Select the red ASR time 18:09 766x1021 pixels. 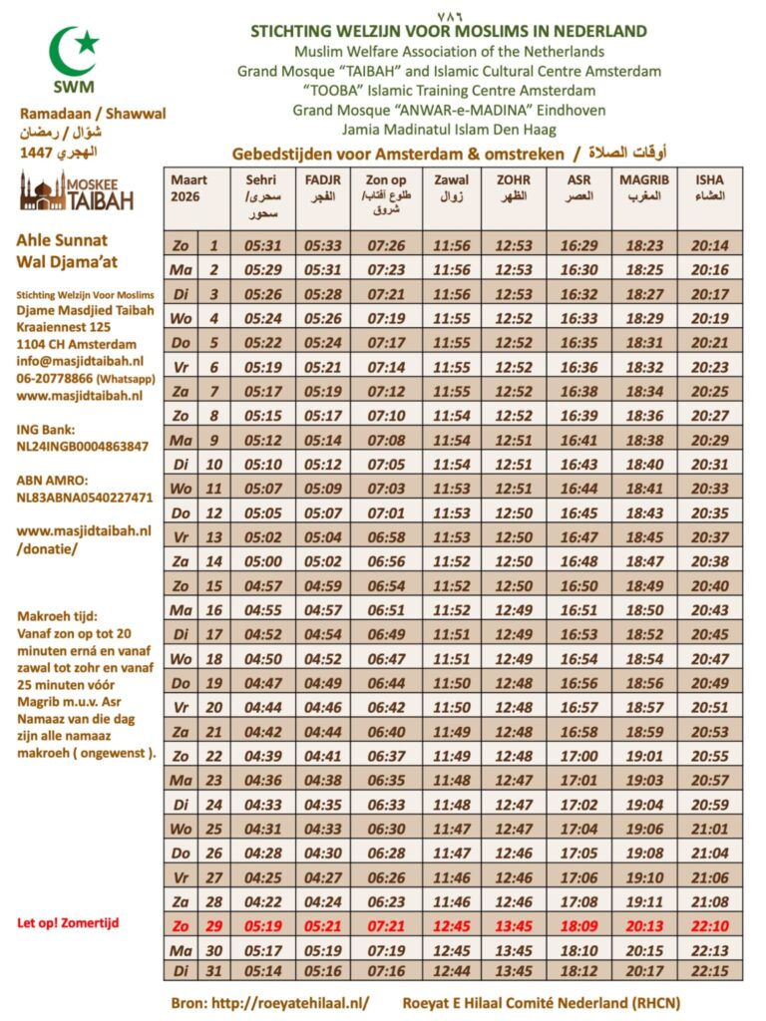(x=579, y=925)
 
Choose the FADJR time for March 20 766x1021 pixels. (x=322, y=707)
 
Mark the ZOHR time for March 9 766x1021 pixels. (x=514, y=440)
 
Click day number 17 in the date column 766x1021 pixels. (x=212, y=634)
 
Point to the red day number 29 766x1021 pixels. (x=212, y=925)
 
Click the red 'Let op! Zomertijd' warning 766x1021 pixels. (x=67, y=922)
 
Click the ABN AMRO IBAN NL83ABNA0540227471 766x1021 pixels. (x=85, y=497)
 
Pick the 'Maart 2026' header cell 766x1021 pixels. (x=190, y=187)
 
